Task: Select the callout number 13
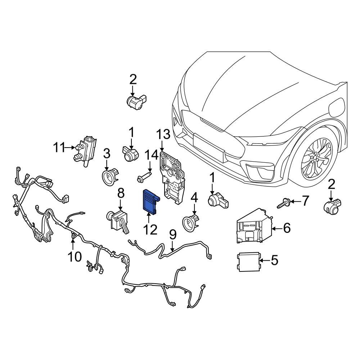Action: pos(163,135)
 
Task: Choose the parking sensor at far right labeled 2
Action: pos(332,206)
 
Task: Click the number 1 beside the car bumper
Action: pos(212,177)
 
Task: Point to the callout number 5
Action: pos(274,260)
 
